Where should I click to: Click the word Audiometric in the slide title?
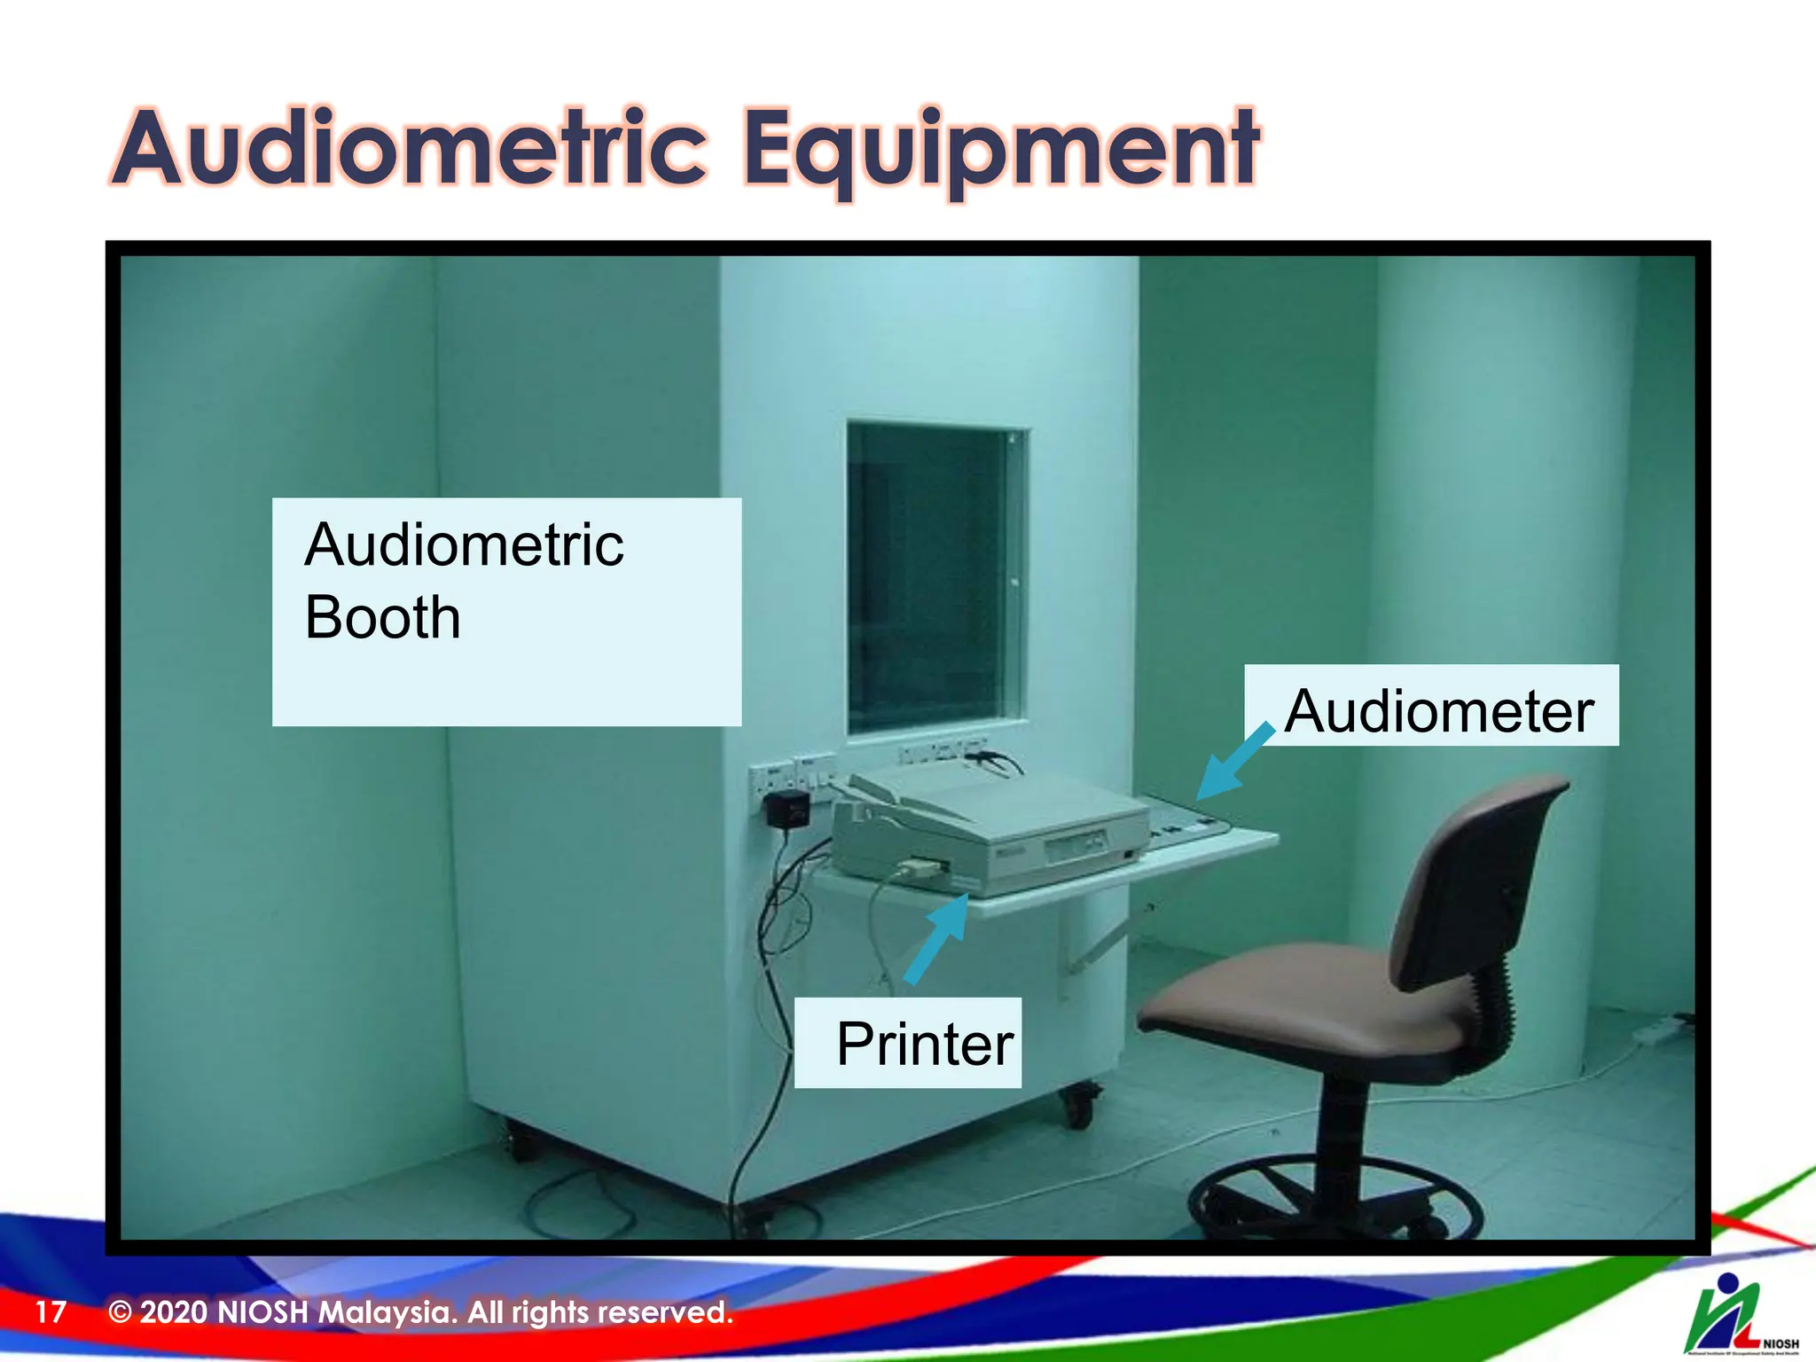coord(410,149)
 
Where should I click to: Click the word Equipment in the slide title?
coord(1000,149)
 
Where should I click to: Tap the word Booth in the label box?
coord(382,618)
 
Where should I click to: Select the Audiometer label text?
coord(1438,711)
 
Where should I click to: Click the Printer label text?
coord(924,1044)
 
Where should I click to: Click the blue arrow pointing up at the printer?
coord(938,938)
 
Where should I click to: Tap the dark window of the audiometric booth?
coord(931,576)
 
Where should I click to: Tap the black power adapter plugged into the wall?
coord(787,810)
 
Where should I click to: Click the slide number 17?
coord(51,1311)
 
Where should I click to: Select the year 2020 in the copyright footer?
coord(174,1311)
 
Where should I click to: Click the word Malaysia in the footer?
coord(387,1311)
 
